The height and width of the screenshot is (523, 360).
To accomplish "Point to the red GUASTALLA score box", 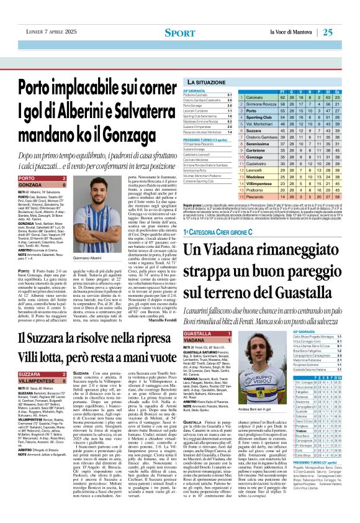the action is pyautogui.click(x=204, y=334).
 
